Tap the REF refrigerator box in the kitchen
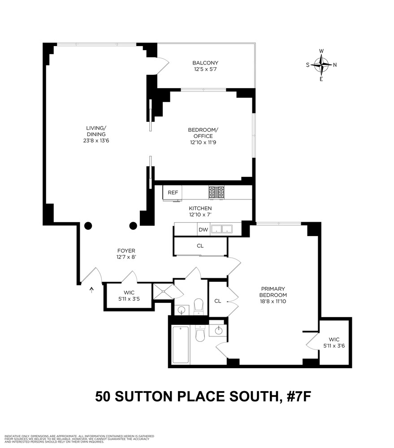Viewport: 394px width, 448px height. pos(173,193)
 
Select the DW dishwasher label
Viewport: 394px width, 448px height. pos(203,230)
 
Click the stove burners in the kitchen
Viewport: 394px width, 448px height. pos(217,193)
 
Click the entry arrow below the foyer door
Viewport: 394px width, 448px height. pos(92,290)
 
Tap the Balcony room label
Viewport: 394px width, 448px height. pos(205,63)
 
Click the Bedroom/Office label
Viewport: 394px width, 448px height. pos(200,133)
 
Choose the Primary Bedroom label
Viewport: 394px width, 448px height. pos(273,292)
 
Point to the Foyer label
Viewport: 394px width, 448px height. pos(126,251)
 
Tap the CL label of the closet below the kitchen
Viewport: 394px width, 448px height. pos(200,246)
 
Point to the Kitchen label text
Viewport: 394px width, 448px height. pos(200,209)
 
